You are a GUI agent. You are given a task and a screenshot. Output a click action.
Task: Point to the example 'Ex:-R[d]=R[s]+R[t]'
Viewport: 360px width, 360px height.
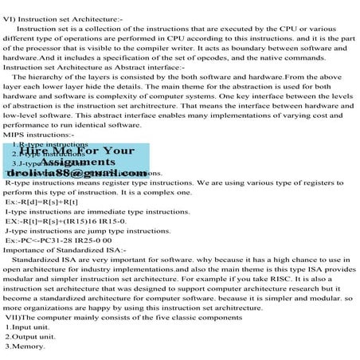click(47, 202)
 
